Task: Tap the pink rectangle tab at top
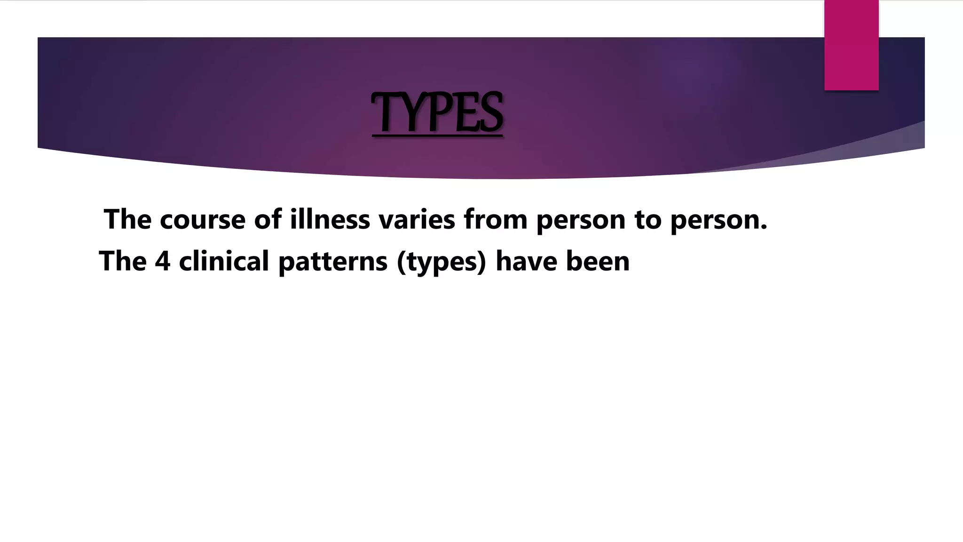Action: pyautogui.click(x=851, y=45)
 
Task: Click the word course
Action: pyautogui.click(x=202, y=220)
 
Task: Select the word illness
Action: pyautogui.click(x=330, y=219)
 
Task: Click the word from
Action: pyautogui.click(x=495, y=219)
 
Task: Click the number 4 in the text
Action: pyautogui.click(x=163, y=261)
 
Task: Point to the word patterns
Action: pyautogui.click(x=333, y=262)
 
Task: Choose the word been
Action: pyautogui.click(x=598, y=261)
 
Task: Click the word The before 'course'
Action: pyautogui.click(x=128, y=219)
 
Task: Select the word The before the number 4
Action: pyautogui.click(x=123, y=261)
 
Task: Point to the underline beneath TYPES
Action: pyautogui.click(x=437, y=136)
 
